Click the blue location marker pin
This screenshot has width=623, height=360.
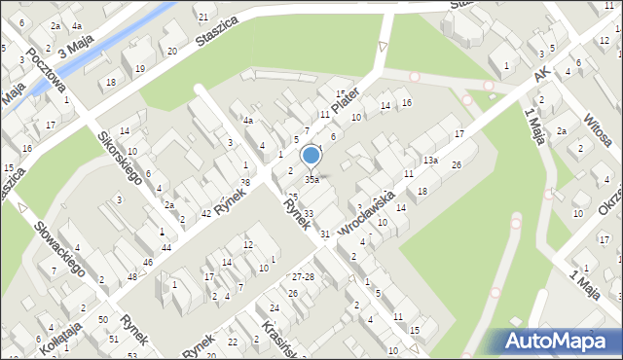point(311,156)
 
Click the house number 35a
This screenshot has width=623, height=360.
point(311,180)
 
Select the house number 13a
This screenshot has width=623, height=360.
point(430,160)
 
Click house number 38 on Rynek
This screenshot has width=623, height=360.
point(245,182)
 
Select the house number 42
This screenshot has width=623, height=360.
point(206,213)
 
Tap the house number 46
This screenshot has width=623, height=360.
point(147,263)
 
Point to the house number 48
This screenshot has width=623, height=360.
point(131,277)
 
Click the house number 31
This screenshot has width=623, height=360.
point(325,234)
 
